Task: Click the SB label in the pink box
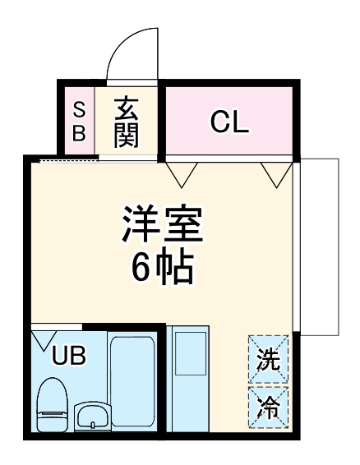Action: [x=78, y=121]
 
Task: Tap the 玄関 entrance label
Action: [x=127, y=121]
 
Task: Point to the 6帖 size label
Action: [x=162, y=268]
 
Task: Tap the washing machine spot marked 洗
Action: [x=269, y=358]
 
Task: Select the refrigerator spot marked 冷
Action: [x=269, y=405]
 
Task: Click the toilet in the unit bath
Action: [x=52, y=402]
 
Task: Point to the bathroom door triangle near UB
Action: [x=44, y=338]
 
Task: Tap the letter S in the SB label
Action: [x=78, y=109]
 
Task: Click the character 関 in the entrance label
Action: [x=127, y=133]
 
